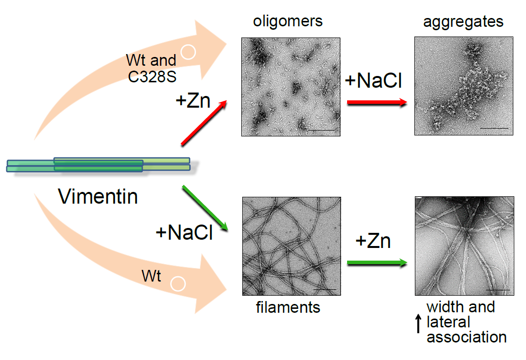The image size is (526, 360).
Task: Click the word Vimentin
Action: (98, 197)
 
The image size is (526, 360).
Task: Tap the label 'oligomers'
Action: (288, 21)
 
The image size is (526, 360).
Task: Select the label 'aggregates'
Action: (463, 22)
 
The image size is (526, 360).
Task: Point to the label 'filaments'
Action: (288, 307)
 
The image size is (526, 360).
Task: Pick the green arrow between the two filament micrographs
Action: (377, 263)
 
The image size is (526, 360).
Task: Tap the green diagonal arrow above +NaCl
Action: (205, 207)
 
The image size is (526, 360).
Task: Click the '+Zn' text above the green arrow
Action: (373, 241)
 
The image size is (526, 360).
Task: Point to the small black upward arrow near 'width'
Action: (418, 323)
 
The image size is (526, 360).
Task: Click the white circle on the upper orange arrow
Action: (188, 52)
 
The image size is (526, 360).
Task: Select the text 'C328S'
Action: (151, 76)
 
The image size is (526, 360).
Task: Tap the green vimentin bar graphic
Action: (97, 165)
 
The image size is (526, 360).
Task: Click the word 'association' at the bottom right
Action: (467, 337)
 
